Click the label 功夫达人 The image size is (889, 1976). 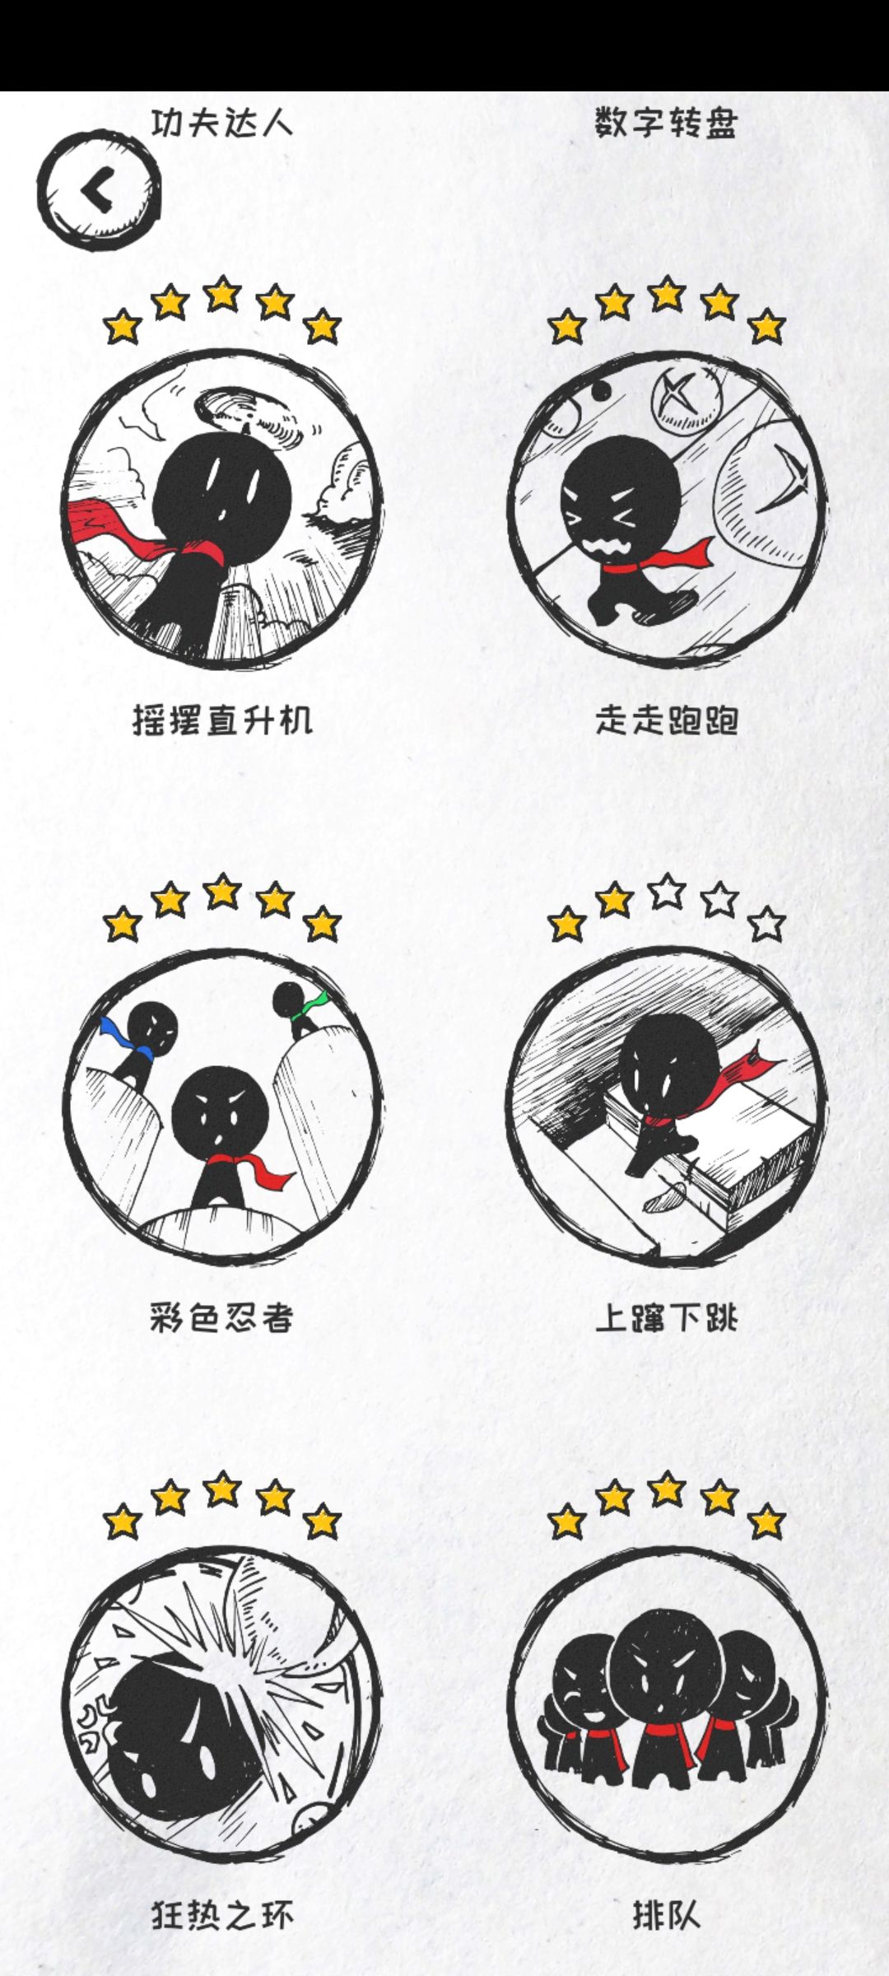pos(222,123)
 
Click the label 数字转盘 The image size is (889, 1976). pos(666,123)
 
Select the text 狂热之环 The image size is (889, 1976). pos(222,1915)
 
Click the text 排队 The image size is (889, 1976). pos(666,1915)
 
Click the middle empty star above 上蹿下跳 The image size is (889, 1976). pos(667,892)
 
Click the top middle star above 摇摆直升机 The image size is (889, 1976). pos(222,295)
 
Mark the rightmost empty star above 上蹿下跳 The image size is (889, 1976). pos(767,924)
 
